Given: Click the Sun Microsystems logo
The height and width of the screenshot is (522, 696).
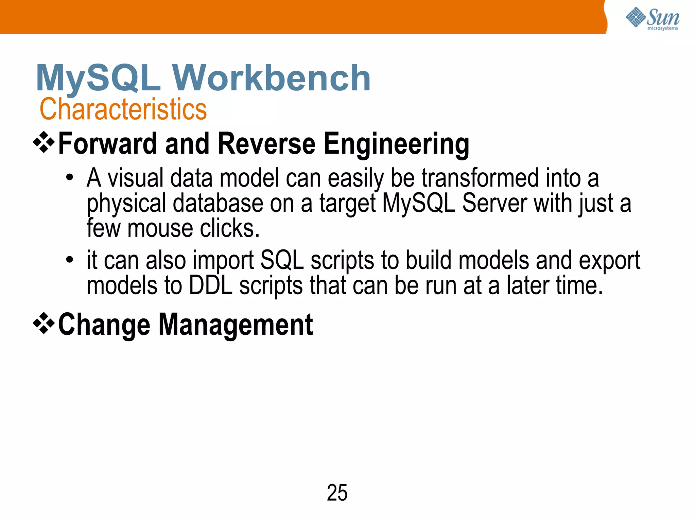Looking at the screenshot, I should click(x=652, y=19).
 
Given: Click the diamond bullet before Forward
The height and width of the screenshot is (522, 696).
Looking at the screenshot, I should click(x=44, y=142).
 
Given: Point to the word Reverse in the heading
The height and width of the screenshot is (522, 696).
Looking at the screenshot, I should click(x=267, y=144).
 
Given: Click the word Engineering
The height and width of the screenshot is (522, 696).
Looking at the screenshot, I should click(x=396, y=144).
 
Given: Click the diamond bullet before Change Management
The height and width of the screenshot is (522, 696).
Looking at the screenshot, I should click(x=44, y=323).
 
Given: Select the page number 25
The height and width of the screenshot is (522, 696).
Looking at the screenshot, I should click(x=337, y=493).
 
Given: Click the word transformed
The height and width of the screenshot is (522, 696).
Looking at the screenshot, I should click(x=480, y=178).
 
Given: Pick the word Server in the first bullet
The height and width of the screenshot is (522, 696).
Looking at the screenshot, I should click(x=494, y=203).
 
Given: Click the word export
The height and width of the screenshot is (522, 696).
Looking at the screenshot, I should click(x=609, y=261).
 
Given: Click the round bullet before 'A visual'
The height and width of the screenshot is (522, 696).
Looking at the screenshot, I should click(x=70, y=178).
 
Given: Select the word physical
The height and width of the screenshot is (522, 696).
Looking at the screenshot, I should click(x=126, y=204).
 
